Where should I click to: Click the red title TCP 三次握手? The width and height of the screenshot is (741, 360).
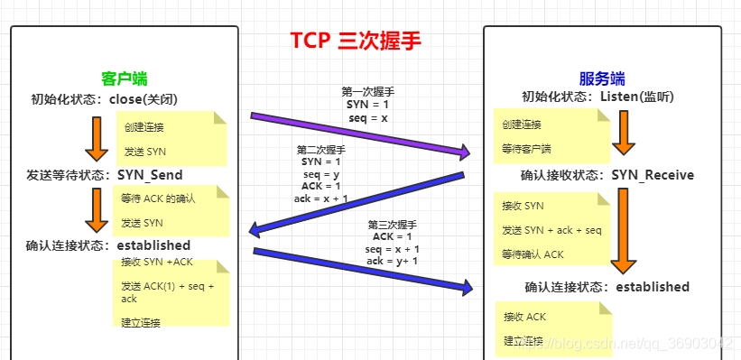pyautogui.click(x=356, y=42)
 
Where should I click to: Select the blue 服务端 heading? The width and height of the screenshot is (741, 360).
pyautogui.click(x=601, y=78)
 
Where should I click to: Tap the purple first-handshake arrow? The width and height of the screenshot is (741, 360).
pyautogui.click(x=361, y=133)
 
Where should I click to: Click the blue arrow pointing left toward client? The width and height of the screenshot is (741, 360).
pyautogui.click(x=357, y=204)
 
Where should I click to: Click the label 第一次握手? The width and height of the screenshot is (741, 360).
pyautogui.click(x=367, y=91)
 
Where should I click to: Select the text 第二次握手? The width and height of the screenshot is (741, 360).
pyautogui.click(x=320, y=150)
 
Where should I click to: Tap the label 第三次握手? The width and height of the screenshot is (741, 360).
pyautogui.click(x=393, y=224)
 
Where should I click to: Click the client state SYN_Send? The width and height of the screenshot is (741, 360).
pyautogui.click(x=150, y=174)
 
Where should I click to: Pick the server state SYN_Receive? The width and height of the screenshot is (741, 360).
pyautogui.click(x=653, y=175)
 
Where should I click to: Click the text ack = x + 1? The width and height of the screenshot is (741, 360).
pyautogui.click(x=320, y=198)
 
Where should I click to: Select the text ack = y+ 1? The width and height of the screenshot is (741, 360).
pyautogui.click(x=393, y=261)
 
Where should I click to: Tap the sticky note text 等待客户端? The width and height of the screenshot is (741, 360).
pyautogui.click(x=526, y=147)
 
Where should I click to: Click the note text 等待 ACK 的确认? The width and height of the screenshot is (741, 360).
pyautogui.click(x=158, y=198)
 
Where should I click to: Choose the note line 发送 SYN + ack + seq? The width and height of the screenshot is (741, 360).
pyautogui.click(x=551, y=230)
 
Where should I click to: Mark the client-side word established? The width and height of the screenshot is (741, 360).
pyautogui.click(x=153, y=245)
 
